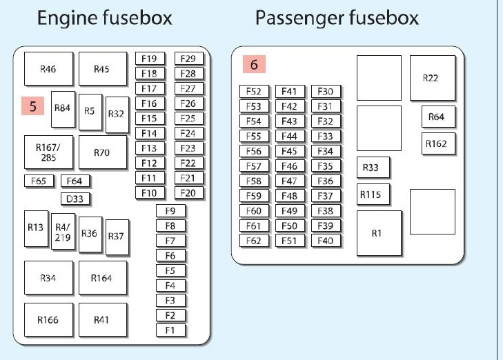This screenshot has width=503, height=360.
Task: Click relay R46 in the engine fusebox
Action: pos(48,69)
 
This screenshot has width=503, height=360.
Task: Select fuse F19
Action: pos(149,59)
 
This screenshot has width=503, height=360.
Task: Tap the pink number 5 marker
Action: pos(32,107)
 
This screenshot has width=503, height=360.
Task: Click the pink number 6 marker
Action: pos(254,66)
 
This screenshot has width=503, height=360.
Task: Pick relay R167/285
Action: pos(48,152)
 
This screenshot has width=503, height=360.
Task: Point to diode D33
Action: pos(76,199)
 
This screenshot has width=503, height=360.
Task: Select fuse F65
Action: pos(39,181)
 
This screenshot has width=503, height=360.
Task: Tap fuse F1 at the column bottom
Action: pos(170,330)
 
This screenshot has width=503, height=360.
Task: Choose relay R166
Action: pos(48,320)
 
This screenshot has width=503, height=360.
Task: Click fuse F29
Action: pos(188,59)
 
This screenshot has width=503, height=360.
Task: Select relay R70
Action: pos(102,152)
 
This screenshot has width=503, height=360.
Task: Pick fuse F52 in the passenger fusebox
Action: pos(253,91)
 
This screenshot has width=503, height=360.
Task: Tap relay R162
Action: pos(436,144)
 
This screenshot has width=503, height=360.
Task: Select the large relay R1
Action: pos(377,233)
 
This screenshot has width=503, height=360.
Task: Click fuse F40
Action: pos(326,241)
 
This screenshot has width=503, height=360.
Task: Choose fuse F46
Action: pos(289,166)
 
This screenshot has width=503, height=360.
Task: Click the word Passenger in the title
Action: pos(295,19)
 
